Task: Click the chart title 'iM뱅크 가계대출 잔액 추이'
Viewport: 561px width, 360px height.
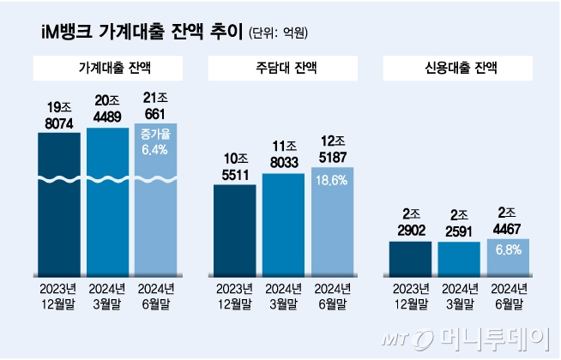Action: coord(142,33)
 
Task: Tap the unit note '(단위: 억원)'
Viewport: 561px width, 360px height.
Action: coord(279,34)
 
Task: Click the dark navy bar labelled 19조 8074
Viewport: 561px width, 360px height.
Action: coord(59,206)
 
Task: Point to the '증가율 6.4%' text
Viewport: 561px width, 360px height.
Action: coord(156,141)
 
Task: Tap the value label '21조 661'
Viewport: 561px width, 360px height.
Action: coord(156,106)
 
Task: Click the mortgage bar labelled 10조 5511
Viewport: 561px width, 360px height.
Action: coord(234,227)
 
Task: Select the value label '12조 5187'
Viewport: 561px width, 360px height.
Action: coord(332,147)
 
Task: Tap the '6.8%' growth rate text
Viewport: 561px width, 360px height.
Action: coord(508,251)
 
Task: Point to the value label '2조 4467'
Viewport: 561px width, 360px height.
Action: coord(508,219)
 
